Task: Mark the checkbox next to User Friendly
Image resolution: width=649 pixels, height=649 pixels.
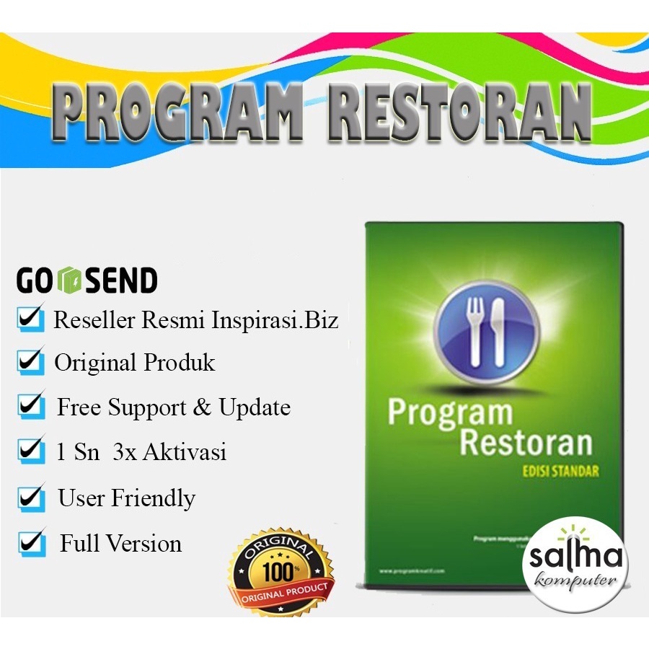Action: pyautogui.click(x=31, y=497)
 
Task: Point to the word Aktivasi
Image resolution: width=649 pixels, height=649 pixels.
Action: pyautogui.click(x=185, y=452)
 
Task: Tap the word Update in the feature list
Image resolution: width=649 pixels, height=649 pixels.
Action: pyautogui.click(x=255, y=407)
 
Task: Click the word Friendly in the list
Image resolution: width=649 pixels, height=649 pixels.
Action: pyautogui.click(x=154, y=498)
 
